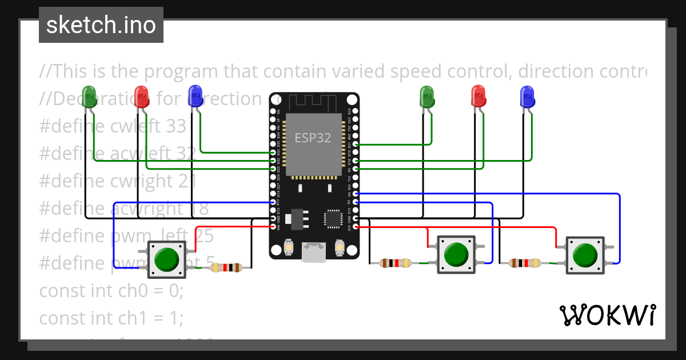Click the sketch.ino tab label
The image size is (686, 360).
(x=101, y=25)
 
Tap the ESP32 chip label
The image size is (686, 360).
(x=313, y=138)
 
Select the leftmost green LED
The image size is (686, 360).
(x=89, y=96)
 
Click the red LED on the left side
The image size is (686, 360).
(x=141, y=96)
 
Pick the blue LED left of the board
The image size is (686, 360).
(x=196, y=96)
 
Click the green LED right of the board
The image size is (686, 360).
(x=427, y=96)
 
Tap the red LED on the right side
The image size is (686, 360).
(x=478, y=96)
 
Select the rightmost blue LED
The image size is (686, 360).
(x=527, y=96)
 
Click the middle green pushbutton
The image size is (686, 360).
(x=456, y=254)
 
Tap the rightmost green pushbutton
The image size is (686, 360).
(x=584, y=254)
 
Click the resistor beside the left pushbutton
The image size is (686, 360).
(x=228, y=267)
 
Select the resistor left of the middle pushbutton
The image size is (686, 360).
(x=395, y=263)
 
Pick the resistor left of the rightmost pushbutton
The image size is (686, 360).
(x=524, y=263)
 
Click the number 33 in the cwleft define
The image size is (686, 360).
(x=176, y=126)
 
